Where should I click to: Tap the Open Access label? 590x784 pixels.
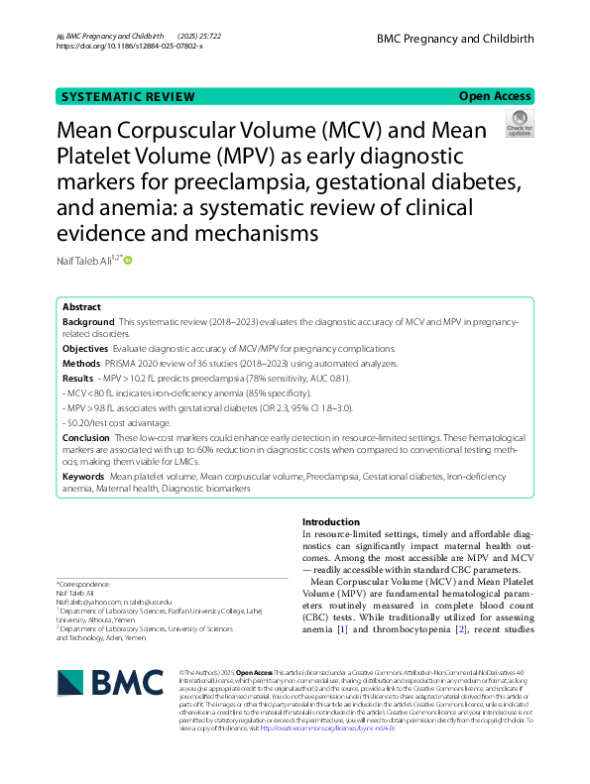pos(495,96)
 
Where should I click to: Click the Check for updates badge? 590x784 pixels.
pos(519,125)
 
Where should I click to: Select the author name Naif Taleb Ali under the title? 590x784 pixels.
pos(86,261)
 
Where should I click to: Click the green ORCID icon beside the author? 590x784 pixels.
pos(128,261)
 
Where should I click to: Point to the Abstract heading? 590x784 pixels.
pos(81,307)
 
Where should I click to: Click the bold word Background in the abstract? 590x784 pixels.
pos(88,322)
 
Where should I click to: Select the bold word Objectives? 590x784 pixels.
pos(86,349)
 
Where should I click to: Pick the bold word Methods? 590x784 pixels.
pos(82,363)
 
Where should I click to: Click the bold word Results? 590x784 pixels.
pos(78,378)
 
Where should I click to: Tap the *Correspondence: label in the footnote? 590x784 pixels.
pos(83,585)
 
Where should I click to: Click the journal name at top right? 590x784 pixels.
pos(455,39)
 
